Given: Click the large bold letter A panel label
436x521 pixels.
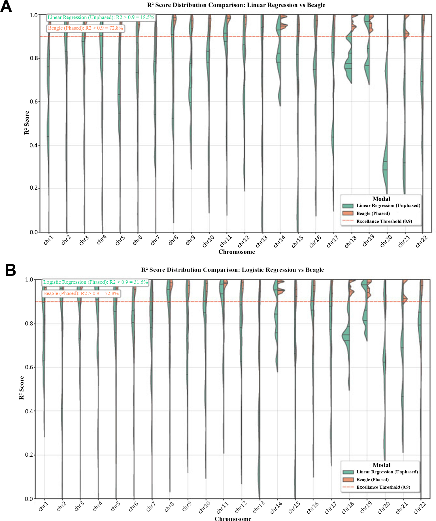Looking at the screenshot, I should coord(6,7).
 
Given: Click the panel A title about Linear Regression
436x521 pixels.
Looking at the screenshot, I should coord(236,5).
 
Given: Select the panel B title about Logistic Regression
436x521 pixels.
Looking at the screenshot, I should coord(232,270).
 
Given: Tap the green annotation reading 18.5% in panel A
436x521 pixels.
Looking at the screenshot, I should coord(101,17).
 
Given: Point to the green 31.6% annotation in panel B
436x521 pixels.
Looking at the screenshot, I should coord(95,282).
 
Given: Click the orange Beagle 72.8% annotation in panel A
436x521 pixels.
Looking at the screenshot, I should coord(85,28).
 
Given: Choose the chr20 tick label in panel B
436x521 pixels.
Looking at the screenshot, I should coord(384,508).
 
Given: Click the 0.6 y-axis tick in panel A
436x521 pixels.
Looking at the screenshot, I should coord(34,102).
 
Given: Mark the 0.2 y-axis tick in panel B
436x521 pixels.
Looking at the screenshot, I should coord(29,455).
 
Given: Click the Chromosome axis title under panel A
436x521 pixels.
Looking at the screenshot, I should coord(237,252).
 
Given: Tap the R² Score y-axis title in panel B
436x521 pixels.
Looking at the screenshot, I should coord(22,388).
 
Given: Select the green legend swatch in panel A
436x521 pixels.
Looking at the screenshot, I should coord(348,206).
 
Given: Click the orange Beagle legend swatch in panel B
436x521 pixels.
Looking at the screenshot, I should coord(348,480).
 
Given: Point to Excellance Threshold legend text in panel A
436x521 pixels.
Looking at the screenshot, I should coord(384,221).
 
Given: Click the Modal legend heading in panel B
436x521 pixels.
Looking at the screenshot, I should coord(381,465).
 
